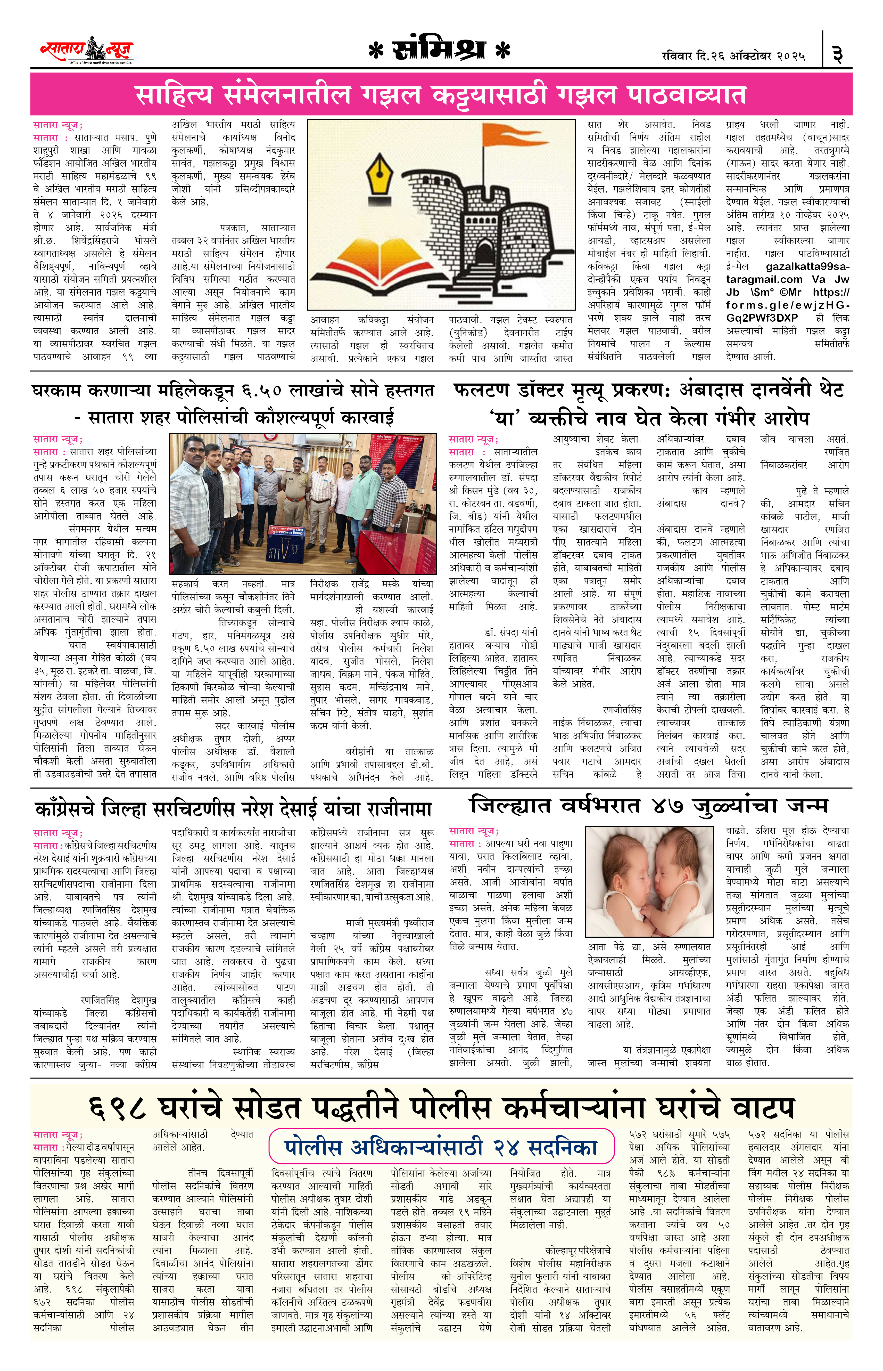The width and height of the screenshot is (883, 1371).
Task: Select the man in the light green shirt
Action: pos(362,493)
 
